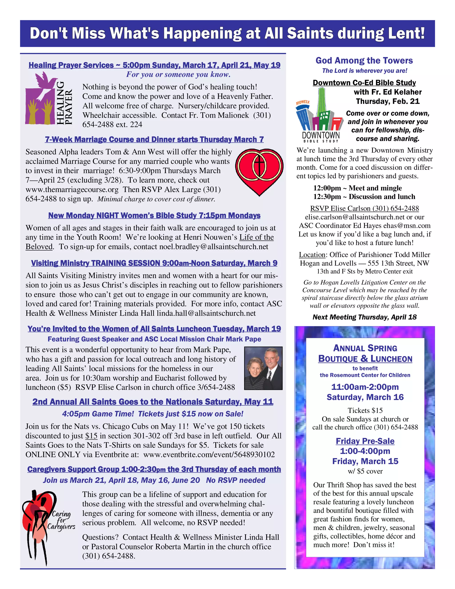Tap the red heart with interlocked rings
point(259,171)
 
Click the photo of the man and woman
point(263,368)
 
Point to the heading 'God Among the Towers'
point(364,60)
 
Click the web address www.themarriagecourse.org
point(72,190)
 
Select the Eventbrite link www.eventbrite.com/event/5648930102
point(209,455)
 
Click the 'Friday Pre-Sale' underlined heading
point(365,441)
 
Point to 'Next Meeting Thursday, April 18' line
point(364,317)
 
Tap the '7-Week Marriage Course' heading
point(154,139)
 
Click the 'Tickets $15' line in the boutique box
point(365,411)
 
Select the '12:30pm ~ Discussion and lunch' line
point(364,197)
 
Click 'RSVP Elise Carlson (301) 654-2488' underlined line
point(364,208)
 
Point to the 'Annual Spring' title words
point(365,348)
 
